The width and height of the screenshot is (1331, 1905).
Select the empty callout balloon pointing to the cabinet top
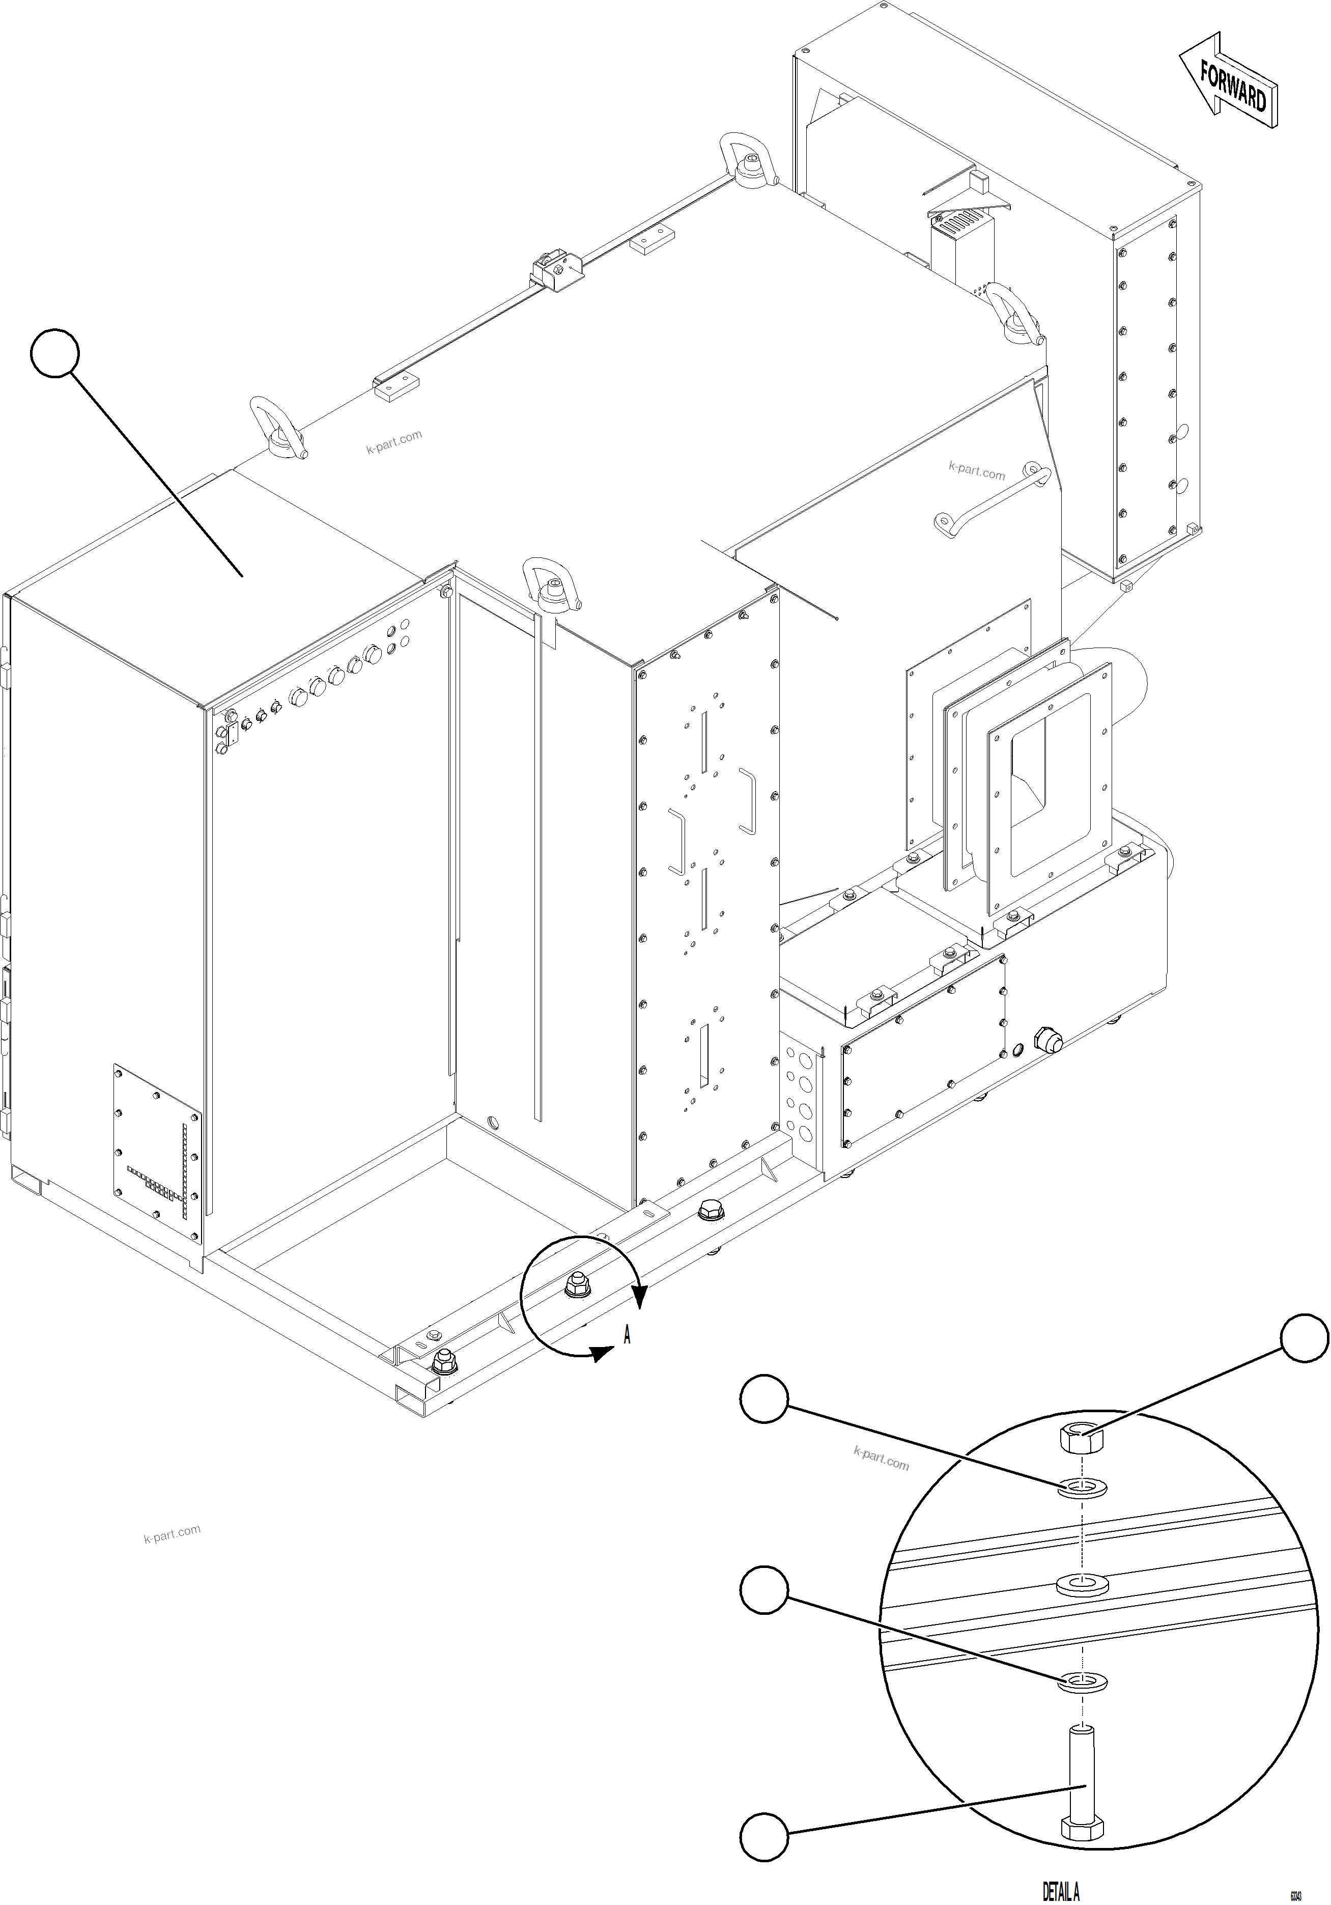55,353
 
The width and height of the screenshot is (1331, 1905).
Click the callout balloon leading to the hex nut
1305,1337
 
